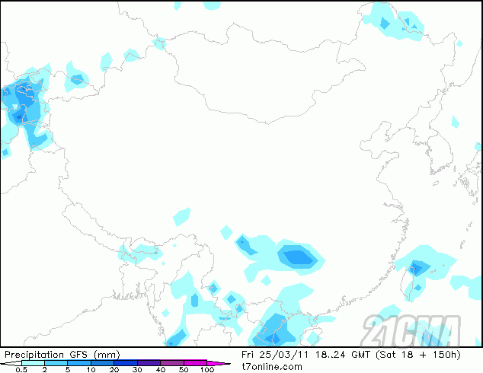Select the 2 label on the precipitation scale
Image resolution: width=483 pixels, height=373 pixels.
tap(44, 369)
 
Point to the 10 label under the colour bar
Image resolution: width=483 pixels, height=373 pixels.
tap(91, 369)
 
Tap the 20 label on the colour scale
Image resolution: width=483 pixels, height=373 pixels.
tap(114, 369)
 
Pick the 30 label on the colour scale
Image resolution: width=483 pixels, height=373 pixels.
tap(137, 369)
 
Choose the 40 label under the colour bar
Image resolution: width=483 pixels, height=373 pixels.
tap(160, 369)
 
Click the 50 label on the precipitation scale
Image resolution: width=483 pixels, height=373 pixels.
tap(184, 369)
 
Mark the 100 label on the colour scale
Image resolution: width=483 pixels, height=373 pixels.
tap(206, 369)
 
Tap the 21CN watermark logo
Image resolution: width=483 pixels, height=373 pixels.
tap(411, 330)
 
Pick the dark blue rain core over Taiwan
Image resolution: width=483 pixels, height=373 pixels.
tap(416, 267)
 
